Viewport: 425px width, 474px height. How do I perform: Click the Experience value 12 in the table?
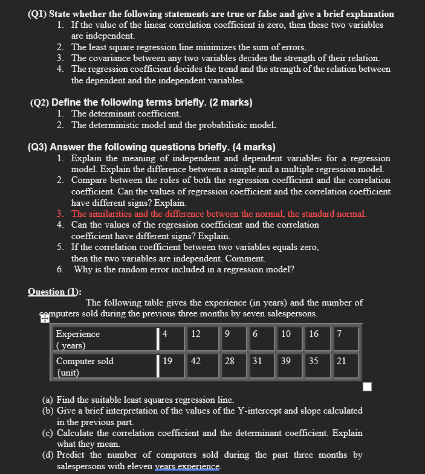[x=196, y=334]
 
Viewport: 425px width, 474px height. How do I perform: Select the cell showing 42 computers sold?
[x=196, y=361]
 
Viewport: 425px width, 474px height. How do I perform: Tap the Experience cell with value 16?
[x=314, y=334]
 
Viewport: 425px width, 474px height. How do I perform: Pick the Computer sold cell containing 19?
[x=167, y=361]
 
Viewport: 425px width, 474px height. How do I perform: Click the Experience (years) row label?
[x=78, y=339]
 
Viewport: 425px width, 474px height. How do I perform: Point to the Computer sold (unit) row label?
[x=85, y=367]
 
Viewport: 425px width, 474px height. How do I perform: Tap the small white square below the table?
[x=367, y=386]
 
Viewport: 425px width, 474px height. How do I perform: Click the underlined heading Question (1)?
[x=54, y=292]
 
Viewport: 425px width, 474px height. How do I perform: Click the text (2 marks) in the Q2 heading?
[x=230, y=102]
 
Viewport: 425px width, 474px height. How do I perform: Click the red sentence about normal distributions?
[x=219, y=214]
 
